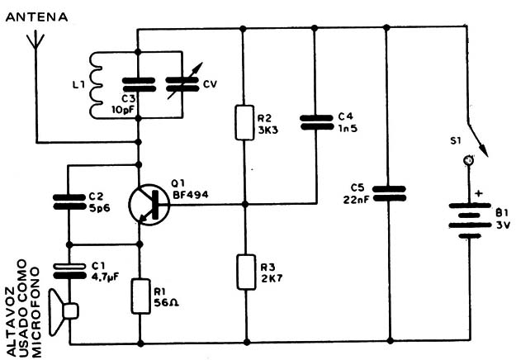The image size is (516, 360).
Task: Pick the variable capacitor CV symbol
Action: pos(182,84)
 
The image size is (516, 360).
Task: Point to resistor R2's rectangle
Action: pos(244,122)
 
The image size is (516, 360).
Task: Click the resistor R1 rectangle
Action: pos(138,293)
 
